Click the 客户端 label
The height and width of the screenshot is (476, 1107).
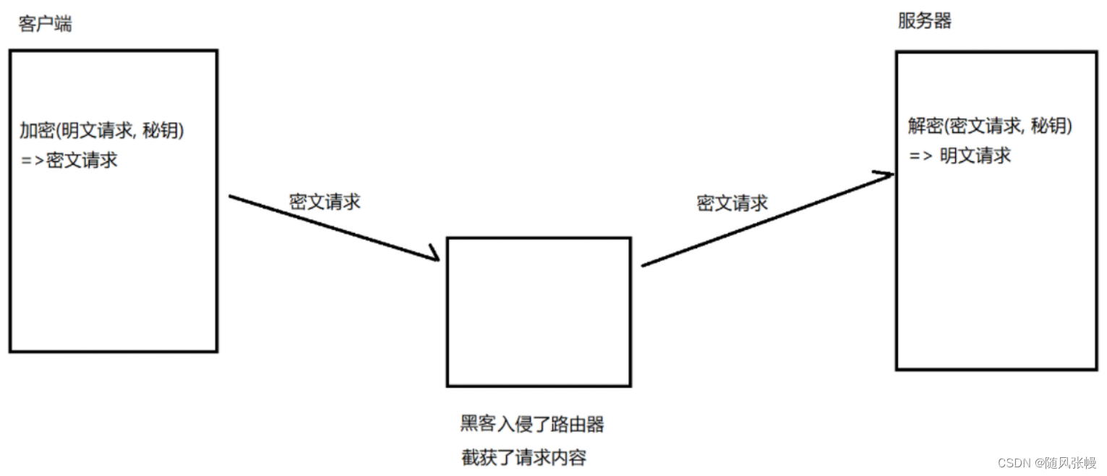coord(45,24)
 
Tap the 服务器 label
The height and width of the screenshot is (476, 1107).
coord(924,21)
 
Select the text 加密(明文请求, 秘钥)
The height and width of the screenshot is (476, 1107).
coord(102,130)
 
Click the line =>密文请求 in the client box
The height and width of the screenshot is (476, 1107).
coord(69,160)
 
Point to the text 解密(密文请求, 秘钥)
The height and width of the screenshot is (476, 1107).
coord(990,126)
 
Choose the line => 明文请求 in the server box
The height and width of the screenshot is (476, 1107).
coord(959,156)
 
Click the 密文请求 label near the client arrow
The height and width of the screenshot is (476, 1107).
coord(325,202)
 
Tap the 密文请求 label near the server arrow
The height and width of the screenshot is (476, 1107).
coord(732,203)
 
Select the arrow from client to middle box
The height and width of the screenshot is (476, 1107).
coord(334,228)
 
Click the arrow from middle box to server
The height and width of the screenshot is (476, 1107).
coord(767,220)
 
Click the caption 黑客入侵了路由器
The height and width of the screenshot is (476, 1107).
coord(532,424)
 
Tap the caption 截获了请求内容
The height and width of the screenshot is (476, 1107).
coord(523,458)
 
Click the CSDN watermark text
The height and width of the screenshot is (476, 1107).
coord(1047,463)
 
